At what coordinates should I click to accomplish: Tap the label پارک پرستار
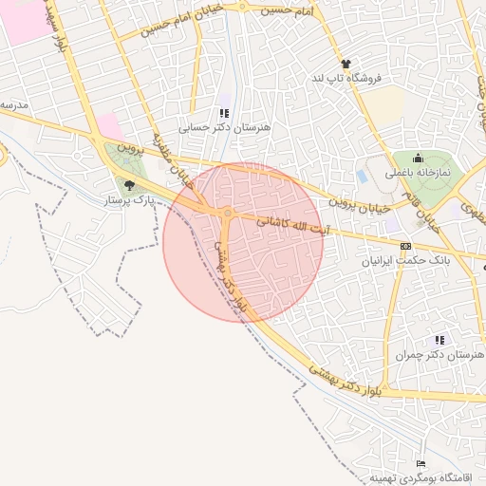coord(129,200)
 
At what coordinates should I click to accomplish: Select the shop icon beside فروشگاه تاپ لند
coord(346,64)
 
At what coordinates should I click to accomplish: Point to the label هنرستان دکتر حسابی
coord(225,126)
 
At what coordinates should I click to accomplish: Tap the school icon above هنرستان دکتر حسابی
coord(224,113)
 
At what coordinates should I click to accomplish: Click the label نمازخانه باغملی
coord(421,174)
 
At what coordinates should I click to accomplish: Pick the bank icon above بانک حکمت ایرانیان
coord(406,246)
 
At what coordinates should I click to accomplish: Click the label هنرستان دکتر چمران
coord(438,353)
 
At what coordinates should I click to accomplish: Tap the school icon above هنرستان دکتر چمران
coord(439,339)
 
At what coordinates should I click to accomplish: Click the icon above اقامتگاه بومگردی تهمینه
coord(421,462)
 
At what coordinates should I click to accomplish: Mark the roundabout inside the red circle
coord(228,212)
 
